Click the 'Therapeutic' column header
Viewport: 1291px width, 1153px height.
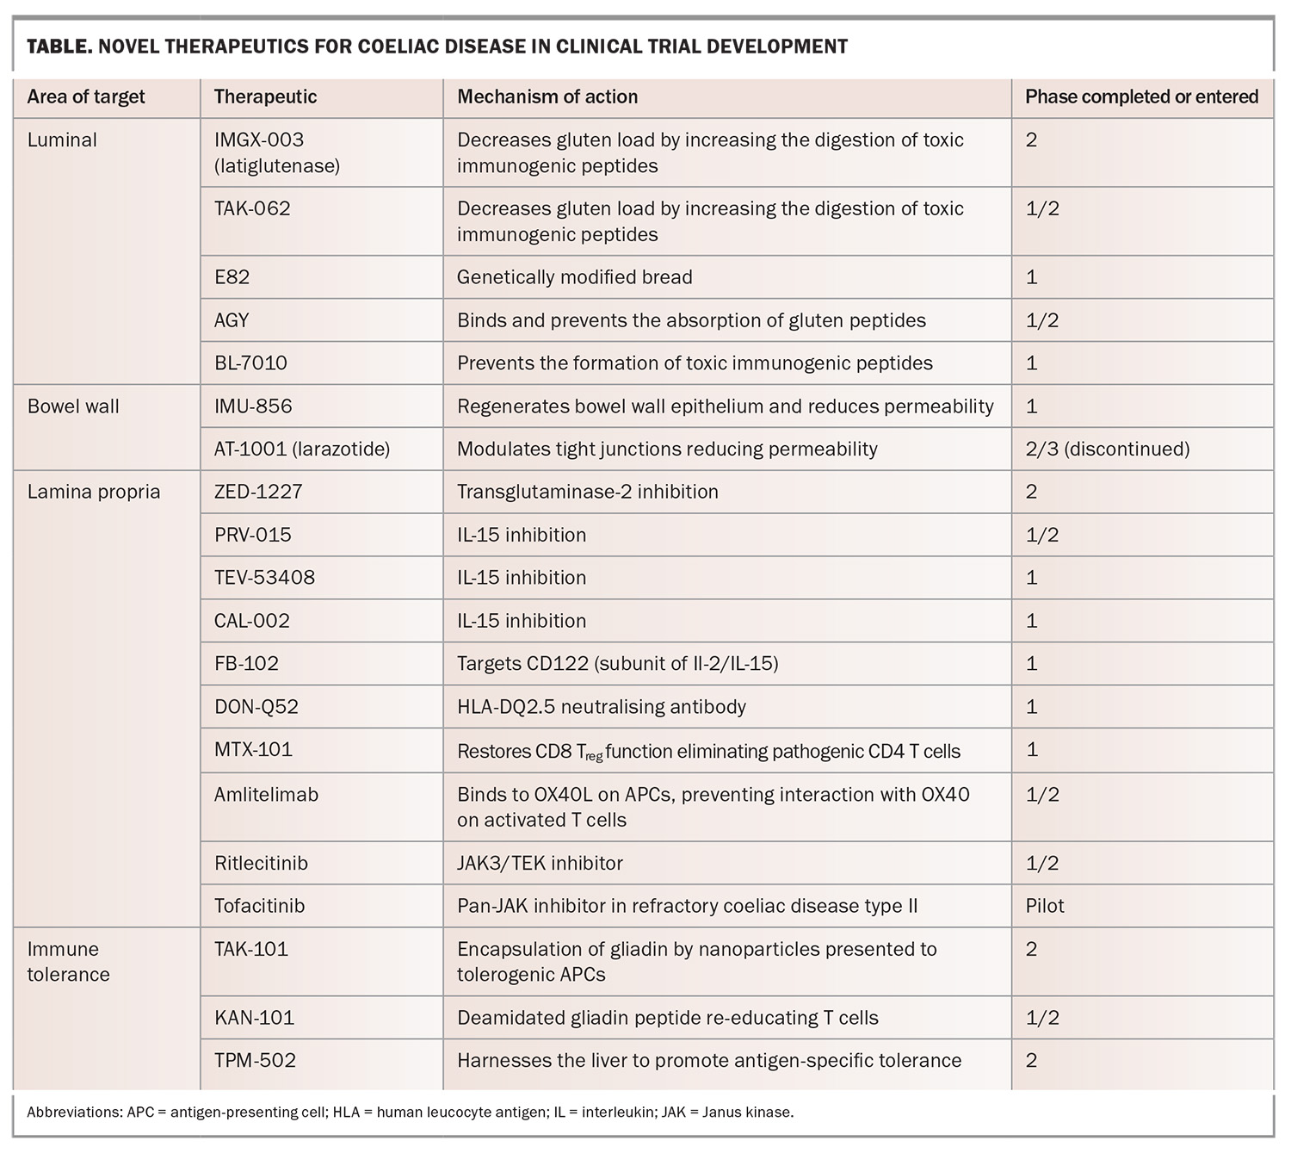click(x=265, y=97)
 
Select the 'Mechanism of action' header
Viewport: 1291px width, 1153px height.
click(x=547, y=97)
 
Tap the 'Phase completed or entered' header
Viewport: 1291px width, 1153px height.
click(x=1141, y=97)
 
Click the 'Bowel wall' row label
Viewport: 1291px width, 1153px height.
click(x=73, y=406)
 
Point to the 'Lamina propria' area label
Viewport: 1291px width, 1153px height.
click(x=94, y=493)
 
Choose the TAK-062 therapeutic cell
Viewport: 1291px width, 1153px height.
click(x=252, y=208)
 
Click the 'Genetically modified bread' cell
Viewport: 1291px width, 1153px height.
click(x=574, y=277)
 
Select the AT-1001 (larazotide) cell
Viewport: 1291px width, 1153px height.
click(x=302, y=449)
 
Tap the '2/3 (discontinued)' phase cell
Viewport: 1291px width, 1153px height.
click(x=1108, y=449)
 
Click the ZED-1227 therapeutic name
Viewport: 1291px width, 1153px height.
click(x=258, y=492)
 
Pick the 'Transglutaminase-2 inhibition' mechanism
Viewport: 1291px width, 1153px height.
click(x=588, y=492)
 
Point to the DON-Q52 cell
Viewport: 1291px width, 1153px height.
click(x=256, y=707)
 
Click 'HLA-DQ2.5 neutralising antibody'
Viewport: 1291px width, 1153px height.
click(x=602, y=707)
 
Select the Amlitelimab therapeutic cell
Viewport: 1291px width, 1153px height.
click(x=266, y=795)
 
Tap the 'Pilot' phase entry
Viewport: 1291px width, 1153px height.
click(x=1044, y=906)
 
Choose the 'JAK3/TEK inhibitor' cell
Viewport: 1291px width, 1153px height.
click(x=540, y=864)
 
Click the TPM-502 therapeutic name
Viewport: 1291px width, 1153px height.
click(x=255, y=1061)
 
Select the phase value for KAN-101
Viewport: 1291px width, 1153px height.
click(x=1042, y=1018)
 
